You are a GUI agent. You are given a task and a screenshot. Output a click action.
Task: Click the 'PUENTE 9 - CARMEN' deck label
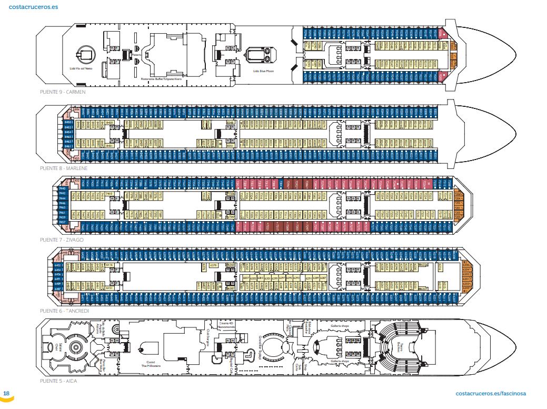62,92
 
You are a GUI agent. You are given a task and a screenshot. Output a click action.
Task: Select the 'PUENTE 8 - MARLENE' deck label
63,168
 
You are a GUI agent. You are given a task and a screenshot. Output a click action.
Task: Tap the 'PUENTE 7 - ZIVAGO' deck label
62,240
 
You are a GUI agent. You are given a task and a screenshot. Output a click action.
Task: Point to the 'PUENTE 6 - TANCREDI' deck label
64,311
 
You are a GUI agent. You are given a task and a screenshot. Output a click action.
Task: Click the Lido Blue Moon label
263,71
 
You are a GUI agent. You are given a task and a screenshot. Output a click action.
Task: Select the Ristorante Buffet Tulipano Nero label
161,78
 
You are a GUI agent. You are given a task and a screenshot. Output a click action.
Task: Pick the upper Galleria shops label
340,326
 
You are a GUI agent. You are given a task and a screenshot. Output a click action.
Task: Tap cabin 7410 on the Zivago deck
110,194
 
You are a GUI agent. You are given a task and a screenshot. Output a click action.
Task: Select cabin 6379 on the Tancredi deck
213,265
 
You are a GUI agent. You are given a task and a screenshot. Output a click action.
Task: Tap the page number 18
6,393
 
